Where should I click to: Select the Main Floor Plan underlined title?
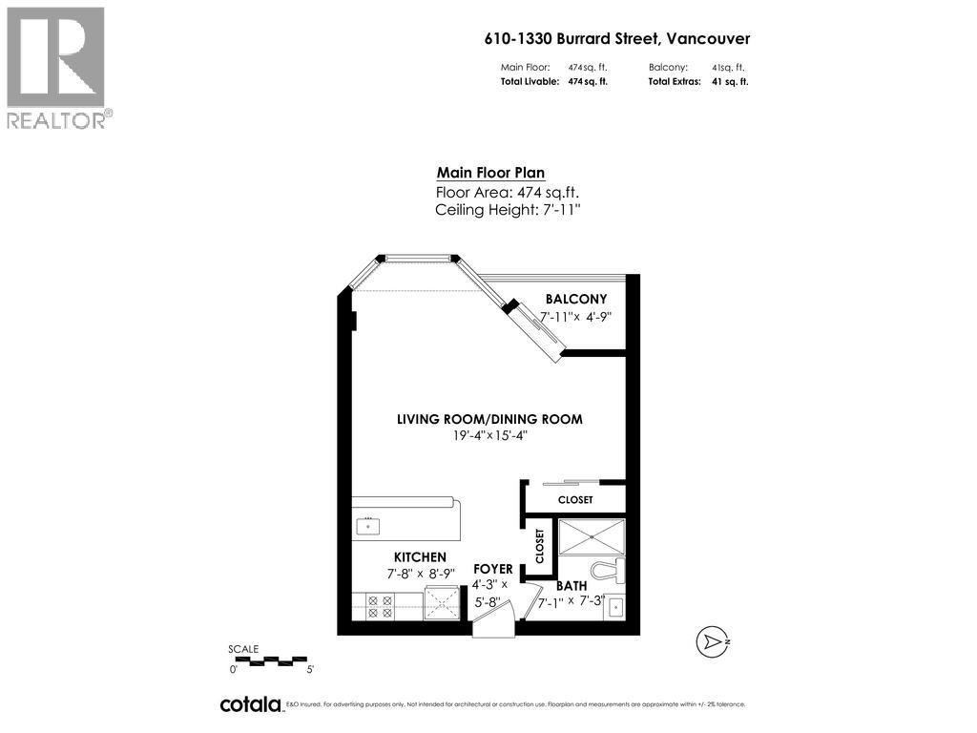490,173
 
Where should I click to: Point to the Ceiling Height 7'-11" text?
507,209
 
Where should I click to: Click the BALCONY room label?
575,299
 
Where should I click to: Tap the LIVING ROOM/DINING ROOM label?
489,419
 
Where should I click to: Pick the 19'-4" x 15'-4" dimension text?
489,435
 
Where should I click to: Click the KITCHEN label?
420,557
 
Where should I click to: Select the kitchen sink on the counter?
367,525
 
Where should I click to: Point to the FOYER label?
492,569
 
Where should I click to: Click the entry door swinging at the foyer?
493,621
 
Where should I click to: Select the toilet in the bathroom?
605,572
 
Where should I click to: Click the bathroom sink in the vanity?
615,605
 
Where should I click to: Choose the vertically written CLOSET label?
540,545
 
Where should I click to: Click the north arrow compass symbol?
714,641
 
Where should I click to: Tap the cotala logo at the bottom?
250,704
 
